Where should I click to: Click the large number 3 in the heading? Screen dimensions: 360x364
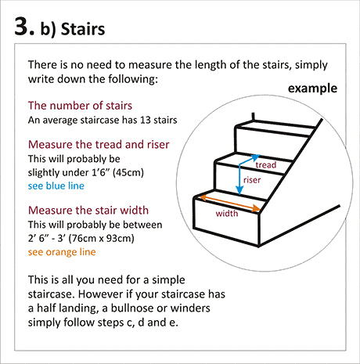pyautogui.click(x=22, y=27)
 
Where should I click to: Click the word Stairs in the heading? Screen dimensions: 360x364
pyautogui.click(x=83, y=29)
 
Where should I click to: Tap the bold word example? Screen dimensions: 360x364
pyautogui.click(x=312, y=88)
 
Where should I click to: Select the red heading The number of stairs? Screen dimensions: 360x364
pyautogui.click(x=80, y=106)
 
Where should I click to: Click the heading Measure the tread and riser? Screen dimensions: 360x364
pyautogui.click(x=99, y=145)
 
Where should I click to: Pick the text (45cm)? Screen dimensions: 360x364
pyautogui.click(x=128, y=173)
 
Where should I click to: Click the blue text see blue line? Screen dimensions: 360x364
pyautogui.click(x=56, y=186)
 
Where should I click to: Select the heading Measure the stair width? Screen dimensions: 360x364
pyautogui.click(x=88, y=211)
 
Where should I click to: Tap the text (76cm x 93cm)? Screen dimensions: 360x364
pyautogui.click(x=101, y=238)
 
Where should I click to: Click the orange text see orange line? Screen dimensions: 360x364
pyautogui.click(x=62, y=252)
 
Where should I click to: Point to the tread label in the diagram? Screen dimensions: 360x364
pyautogui.click(x=266, y=165)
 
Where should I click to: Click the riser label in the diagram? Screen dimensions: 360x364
pyautogui.click(x=252, y=180)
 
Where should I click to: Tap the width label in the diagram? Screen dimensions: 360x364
pyautogui.click(x=227, y=214)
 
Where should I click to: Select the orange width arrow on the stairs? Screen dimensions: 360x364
pyautogui.click(x=229, y=203)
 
